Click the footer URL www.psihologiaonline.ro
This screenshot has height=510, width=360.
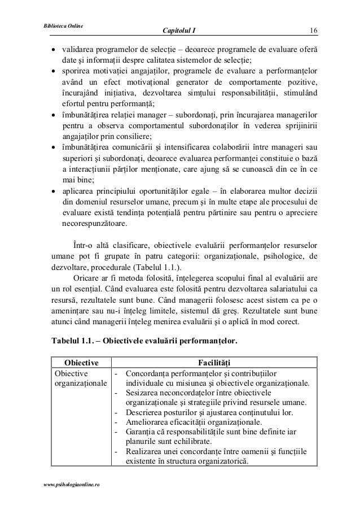coord(66,485)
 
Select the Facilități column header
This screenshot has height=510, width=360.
coord(214,362)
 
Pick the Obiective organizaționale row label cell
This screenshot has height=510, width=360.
coord(76,379)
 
